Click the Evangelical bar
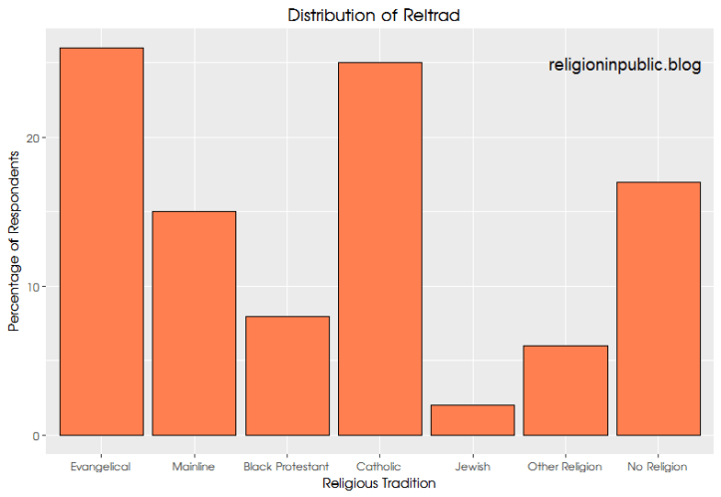coord(101,241)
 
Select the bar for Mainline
coord(193,323)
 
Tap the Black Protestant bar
coord(287,375)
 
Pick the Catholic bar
coord(380,248)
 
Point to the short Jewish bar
coord(473,420)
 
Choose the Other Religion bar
coord(565,390)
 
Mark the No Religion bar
coord(658,308)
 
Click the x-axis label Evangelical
coord(101,466)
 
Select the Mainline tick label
coord(193,466)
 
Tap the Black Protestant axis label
coord(287,466)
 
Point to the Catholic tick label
coord(380,466)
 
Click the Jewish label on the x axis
coord(473,466)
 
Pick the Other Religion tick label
coord(565,466)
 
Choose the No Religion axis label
coord(658,466)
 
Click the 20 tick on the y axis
coord(36,138)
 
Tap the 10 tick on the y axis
coord(36,287)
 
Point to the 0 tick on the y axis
coord(39,436)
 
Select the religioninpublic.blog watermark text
coord(625,65)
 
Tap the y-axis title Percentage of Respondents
coord(14,242)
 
